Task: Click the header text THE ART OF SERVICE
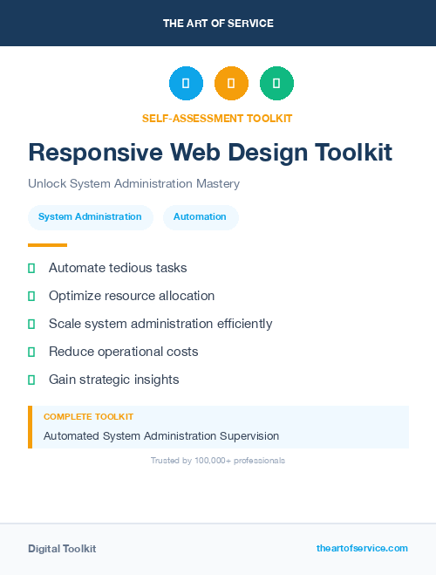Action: [x=218, y=24]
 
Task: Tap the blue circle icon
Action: [x=186, y=83]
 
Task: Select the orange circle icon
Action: [x=231, y=83]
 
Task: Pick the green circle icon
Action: [x=276, y=83]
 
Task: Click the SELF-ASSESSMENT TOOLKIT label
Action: [x=217, y=118]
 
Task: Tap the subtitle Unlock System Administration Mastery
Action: [x=133, y=184]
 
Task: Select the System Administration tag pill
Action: [x=90, y=216]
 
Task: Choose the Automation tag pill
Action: [x=200, y=216]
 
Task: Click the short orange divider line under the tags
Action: [x=47, y=245]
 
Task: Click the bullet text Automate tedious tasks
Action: [x=118, y=268]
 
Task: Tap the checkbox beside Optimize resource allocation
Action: [x=31, y=297]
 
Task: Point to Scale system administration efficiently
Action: [x=160, y=324]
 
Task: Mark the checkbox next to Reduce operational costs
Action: [x=31, y=353]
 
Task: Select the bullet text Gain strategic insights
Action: [x=113, y=380]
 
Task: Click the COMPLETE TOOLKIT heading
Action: [x=88, y=417]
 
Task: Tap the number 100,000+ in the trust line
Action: [x=214, y=461]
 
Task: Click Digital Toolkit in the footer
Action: [x=62, y=549]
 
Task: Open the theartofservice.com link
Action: [x=362, y=548]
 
